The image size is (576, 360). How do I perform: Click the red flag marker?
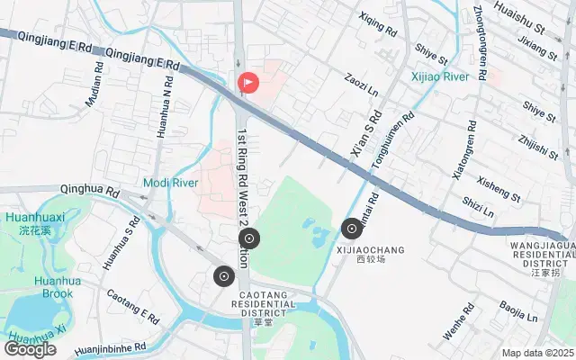tap(248, 83)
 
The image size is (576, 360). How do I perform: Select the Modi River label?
tap(170, 183)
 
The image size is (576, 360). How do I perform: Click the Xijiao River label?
tap(440, 77)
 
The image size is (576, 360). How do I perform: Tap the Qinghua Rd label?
tap(89, 192)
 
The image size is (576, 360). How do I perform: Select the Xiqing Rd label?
tap(377, 24)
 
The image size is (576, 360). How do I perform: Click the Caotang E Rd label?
tap(132, 309)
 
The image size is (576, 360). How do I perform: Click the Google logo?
tap(30, 349)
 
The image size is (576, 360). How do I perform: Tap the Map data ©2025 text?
tap(536, 354)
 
